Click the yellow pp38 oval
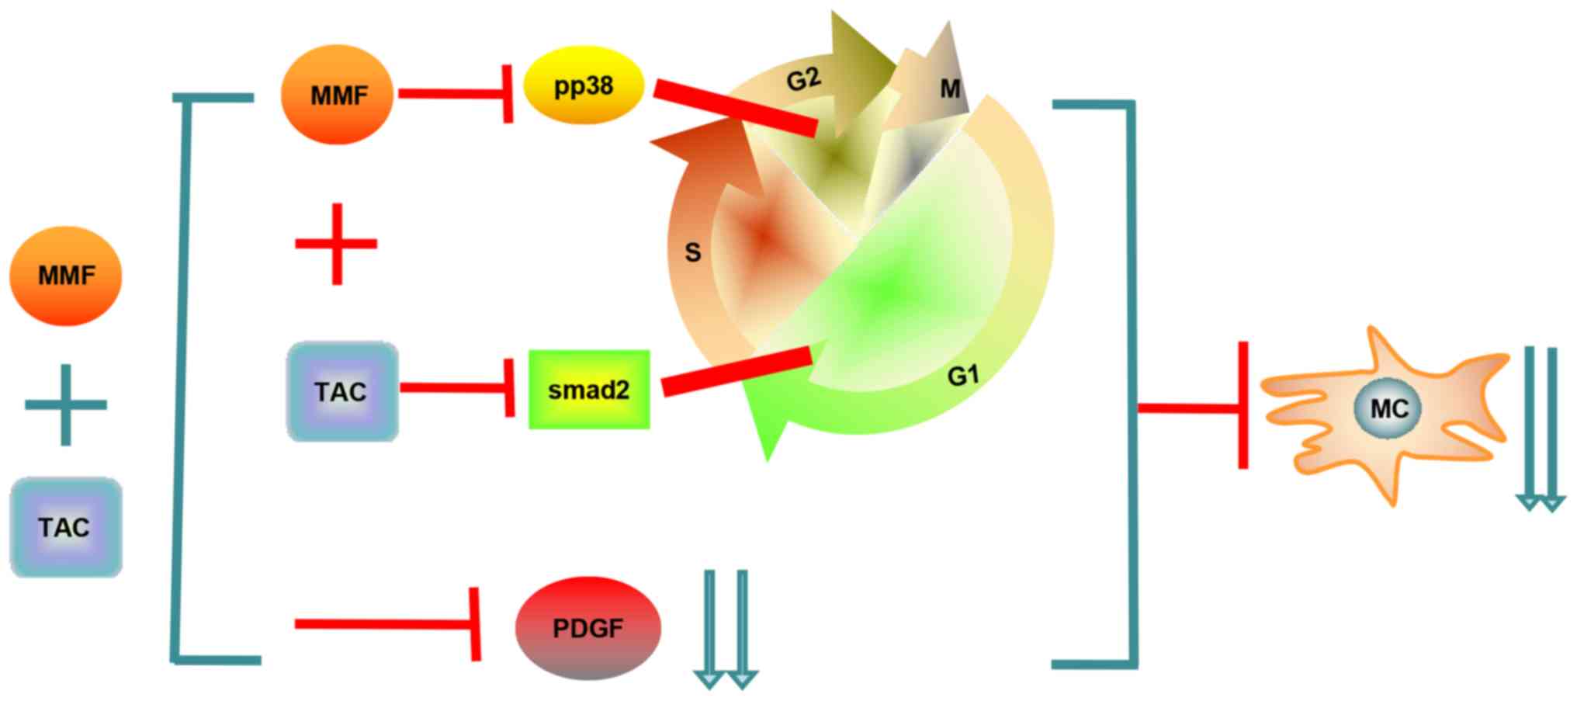[x=584, y=85]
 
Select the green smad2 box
[x=589, y=390]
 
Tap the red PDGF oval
[x=587, y=628]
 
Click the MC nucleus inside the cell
[x=1388, y=408]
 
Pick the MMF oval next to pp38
[x=338, y=95]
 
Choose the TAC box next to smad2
[x=342, y=391]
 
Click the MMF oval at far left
[x=66, y=276]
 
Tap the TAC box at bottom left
[x=66, y=527]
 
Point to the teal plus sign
[x=66, y=404]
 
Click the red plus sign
[x=337, y=244]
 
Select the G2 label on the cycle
[x=802, y=79]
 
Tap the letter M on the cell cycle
[x=950, y=89]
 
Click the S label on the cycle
[x=692, y=252]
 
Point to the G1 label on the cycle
[x=962, y=376]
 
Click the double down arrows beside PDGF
[x=726, y=629]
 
